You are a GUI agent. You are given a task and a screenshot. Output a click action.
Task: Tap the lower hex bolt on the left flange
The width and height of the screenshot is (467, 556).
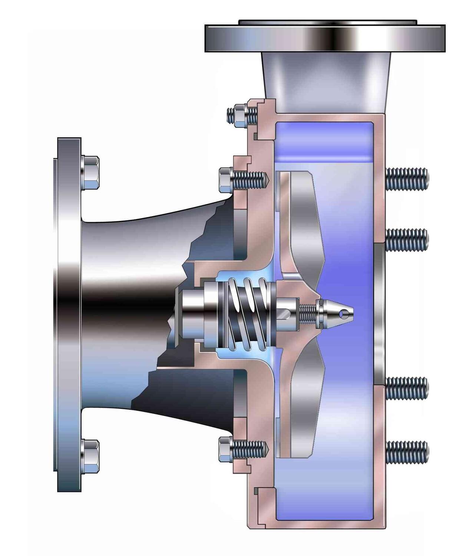90,456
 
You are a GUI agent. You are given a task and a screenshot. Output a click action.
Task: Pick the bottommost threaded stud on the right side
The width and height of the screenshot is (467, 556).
407,451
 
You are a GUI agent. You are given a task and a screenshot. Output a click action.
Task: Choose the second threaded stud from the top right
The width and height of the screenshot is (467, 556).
407,239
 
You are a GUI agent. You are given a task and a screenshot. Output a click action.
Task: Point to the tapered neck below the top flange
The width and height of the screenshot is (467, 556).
326,82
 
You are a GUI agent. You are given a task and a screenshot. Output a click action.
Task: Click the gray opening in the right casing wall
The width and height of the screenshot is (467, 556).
379,314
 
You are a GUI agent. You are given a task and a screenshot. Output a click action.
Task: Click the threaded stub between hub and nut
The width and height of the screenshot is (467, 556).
308,314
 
